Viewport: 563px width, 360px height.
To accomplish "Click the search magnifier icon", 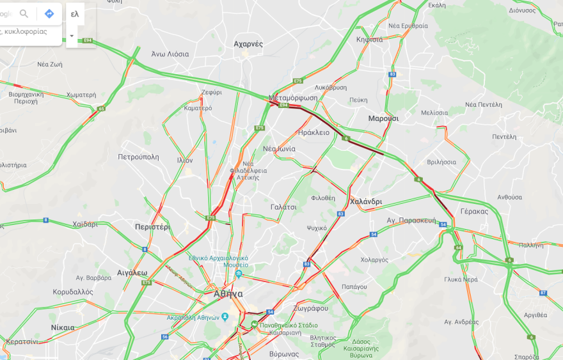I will tap(24, 13).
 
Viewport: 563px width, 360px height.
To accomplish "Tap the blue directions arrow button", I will tap(49, 13).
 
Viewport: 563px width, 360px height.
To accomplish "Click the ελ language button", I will tap(75, 14).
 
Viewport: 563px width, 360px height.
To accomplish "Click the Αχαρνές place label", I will tap(248, 44).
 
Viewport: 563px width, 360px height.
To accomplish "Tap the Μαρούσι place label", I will tap(383, 119).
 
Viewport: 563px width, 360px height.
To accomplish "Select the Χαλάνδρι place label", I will tap(366, 201).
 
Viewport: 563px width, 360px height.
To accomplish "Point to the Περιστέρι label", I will tap(152, 227).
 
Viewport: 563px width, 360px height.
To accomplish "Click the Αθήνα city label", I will tap(228, 294).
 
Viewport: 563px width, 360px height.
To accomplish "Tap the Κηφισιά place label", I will tap(370, 40).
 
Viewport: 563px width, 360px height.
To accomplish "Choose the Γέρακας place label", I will tap(474, 212).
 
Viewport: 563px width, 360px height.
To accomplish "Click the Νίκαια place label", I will tap(63, 327).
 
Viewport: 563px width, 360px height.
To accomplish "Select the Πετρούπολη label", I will tap(138, 157).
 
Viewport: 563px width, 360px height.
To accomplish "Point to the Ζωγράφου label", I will tap(312, 308).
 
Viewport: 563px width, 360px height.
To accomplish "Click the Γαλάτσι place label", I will tap(283, 207).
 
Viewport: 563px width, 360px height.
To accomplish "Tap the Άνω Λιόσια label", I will tap(170, 54).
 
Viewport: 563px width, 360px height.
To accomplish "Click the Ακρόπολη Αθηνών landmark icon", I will tap(225, 317).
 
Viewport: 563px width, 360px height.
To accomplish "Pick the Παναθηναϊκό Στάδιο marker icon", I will tap(254, 324).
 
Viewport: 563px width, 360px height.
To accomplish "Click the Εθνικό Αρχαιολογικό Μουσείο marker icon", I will tap(239, 274).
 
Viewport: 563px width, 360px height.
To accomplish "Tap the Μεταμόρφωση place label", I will tap(293, 98).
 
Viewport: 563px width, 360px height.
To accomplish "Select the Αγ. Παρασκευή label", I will tap(411, 221).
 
